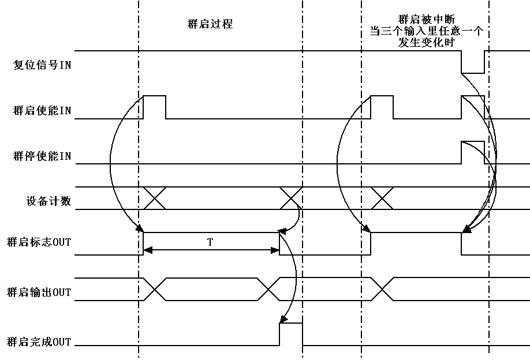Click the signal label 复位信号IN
[42, 65]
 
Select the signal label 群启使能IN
[42, 111]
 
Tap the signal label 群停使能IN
[42, 156]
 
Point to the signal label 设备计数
[48, 201]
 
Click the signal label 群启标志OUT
[38, 242]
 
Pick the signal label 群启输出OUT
[38, 292]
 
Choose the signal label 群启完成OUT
[38, 342]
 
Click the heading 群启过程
[210, 25]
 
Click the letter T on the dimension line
[210, 242]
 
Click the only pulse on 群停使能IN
[472, 152]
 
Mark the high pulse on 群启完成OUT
[291, 334]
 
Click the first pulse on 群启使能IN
[154, 107]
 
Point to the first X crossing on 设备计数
[154, 198]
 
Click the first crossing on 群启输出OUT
[154, 288]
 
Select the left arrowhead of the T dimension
[147, 250]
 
